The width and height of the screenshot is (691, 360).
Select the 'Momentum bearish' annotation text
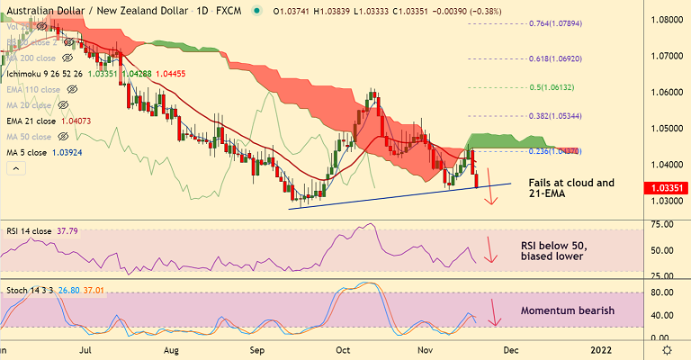click(x=568, y=310)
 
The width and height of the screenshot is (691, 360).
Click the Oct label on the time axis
click(x=343, y=349)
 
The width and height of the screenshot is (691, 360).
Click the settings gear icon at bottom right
click(x=666, y=349)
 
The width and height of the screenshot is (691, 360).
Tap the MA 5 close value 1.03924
click(x=81, y=153)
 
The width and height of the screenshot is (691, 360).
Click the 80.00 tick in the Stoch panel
click(x=663, y=292)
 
